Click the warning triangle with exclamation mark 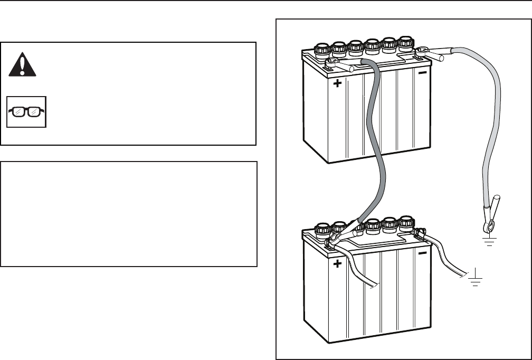22,65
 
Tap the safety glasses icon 26,111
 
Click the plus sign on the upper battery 337,83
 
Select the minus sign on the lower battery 422,254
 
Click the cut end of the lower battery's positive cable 374,286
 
